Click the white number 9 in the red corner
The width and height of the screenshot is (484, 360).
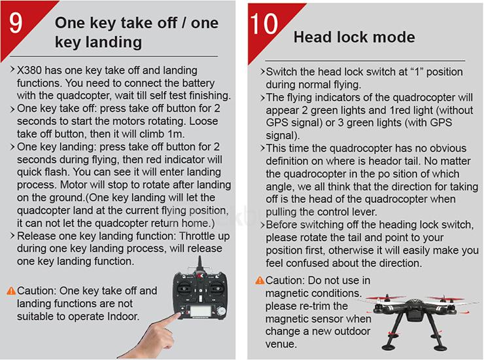[16, 23]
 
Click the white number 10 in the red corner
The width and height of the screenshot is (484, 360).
[264, 24]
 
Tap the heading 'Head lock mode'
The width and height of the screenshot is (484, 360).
[354, 37]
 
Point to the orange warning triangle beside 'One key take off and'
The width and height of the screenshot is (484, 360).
[11, 291]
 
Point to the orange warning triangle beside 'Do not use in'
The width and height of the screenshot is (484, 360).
[260, 280]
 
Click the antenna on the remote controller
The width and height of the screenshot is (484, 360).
[199, 264]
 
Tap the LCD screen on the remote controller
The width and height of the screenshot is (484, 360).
[201, 311]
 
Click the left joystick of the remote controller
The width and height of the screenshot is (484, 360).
[184, 289]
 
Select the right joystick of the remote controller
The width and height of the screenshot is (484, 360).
[215, 289]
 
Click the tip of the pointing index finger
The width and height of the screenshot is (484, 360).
[179, 315]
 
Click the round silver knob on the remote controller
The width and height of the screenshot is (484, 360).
[221, 311]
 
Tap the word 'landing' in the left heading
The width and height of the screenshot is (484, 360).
[114, 43]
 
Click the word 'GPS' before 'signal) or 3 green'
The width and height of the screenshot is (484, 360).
[276, 122]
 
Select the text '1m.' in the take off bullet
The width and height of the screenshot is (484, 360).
[176, 134]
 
